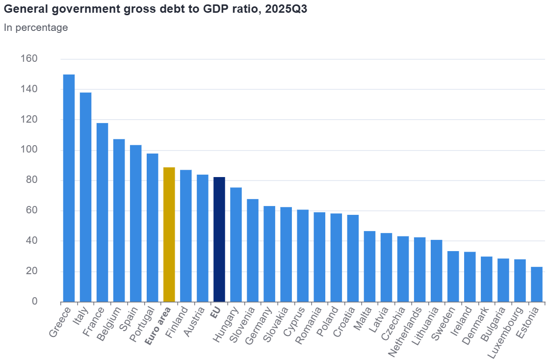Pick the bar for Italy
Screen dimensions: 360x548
85,197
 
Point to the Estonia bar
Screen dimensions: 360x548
537,284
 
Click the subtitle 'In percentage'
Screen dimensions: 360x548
36,27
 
